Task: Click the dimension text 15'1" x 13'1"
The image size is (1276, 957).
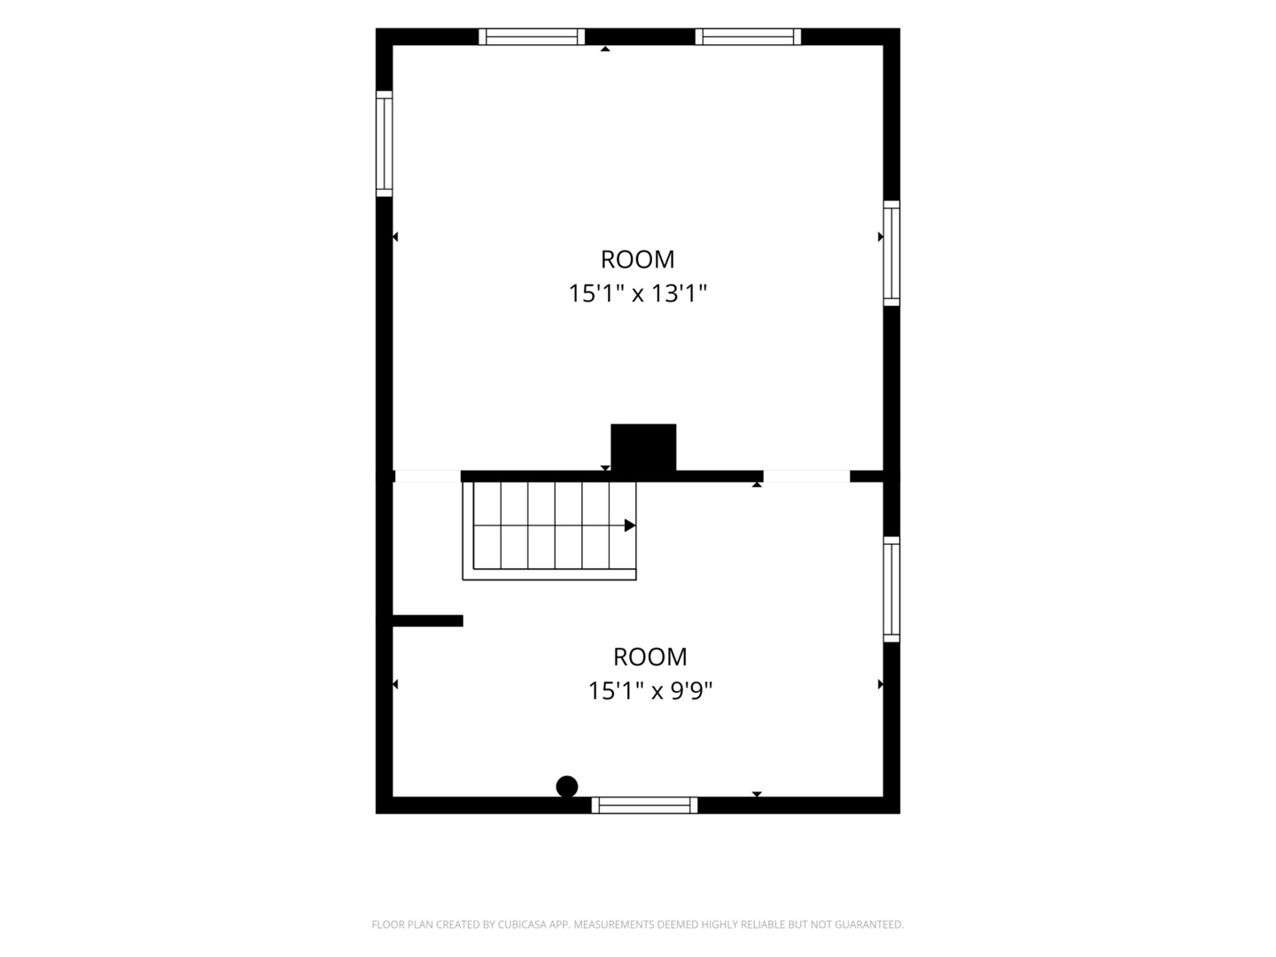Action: tap(637, 293)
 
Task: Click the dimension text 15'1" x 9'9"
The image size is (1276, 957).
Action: tap(650, 691)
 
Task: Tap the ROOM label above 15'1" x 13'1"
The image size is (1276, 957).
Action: tap(637, 259)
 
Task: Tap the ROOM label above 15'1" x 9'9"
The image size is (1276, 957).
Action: tap(650, 657)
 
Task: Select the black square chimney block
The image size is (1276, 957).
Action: tap(643, 447)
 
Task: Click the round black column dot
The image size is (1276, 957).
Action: tap(567, 787)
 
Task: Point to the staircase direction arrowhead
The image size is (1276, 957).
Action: tap(629, 525)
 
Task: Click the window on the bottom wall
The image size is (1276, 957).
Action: tap(644, 805)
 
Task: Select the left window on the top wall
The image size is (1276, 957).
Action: tap(532, 36)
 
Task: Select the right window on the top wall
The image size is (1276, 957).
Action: tap(748, 36)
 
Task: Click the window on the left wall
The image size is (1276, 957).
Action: tap(385, 144)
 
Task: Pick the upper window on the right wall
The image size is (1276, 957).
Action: tap(891, 253)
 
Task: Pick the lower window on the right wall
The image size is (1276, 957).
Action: tap(891, 589)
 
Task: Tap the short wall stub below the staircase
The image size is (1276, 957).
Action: tap(428, 620)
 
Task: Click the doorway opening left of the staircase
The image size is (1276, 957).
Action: tap(428, 477)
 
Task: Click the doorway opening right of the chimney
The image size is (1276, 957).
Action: tap(806, 477)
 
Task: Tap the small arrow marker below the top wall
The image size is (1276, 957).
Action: tap(605, 49)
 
